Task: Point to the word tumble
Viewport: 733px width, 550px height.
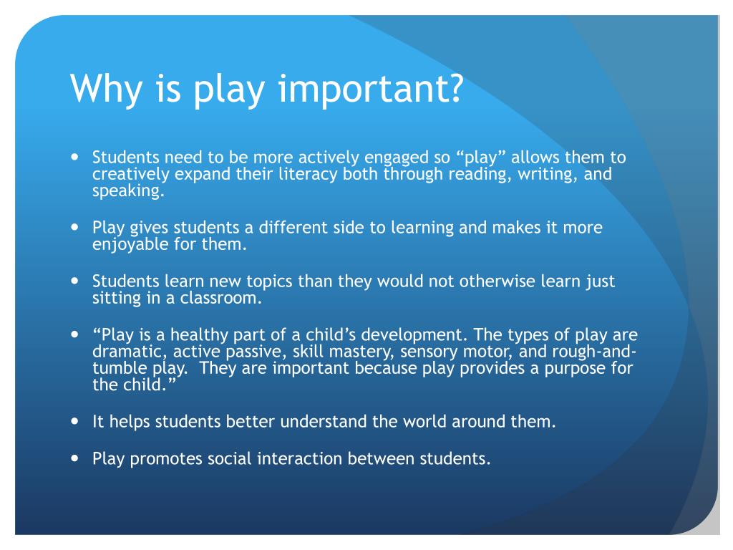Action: pos(118,369)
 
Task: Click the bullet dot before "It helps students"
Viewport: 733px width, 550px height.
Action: pos(77,421)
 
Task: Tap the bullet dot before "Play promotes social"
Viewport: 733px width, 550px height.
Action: pos(77,458)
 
